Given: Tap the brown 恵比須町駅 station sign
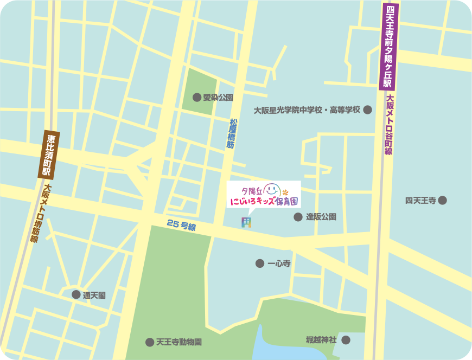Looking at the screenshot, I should tap(48, 155).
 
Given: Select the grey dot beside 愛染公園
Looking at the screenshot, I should tap(197, 98).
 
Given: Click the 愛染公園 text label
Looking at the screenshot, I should tap(218, 98).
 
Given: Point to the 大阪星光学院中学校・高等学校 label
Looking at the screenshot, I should tap(307, 110).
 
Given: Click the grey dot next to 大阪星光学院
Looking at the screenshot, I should tap(368, 110).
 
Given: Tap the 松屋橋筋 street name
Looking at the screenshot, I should tap(232, 134).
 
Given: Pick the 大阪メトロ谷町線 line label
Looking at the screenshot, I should tap(388, 125).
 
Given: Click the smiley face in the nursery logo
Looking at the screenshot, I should tap(273, 190).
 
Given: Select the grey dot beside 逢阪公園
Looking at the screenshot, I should tap(298, 217).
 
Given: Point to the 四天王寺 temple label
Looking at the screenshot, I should tap(420, 201).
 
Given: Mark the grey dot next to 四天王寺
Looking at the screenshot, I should tap(443, 201).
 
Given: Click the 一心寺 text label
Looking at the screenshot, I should tap(279, 263).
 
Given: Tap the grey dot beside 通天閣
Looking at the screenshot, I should tap(76, 295).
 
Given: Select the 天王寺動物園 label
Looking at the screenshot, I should tap(179, 342).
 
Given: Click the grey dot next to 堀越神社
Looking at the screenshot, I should tap(346, 340).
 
